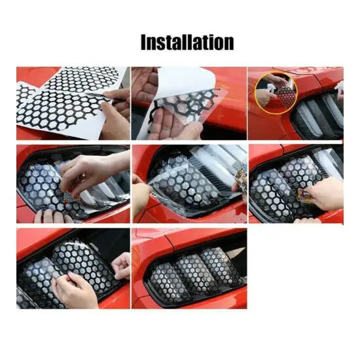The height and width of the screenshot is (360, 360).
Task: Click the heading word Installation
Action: tap(187, 42)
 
